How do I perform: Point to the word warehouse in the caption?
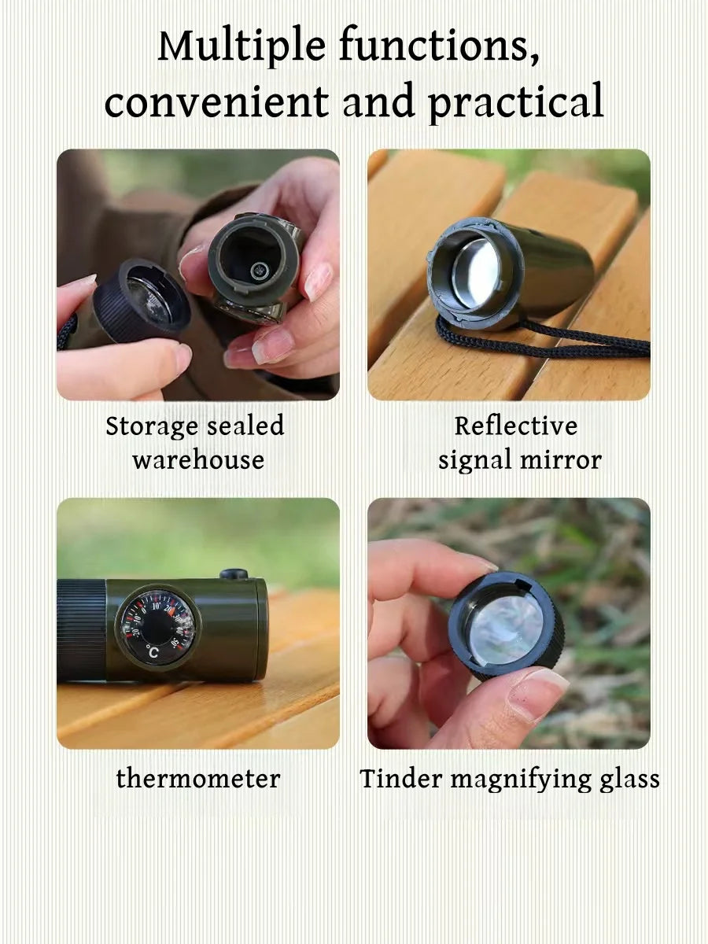[197, 460]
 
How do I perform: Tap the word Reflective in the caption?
[515, 426]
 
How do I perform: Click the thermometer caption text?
[197, 779]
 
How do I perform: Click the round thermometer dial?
[157, 627]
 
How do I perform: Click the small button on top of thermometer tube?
[234, 574]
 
